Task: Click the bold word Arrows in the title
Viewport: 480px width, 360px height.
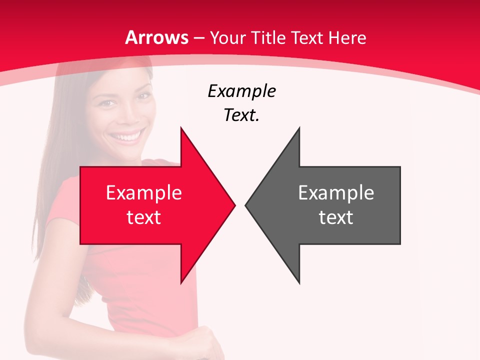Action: [x=157, y=37]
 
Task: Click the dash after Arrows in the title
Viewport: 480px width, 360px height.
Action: [x=199, y=38]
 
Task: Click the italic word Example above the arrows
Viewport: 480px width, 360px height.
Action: [x=241, y=91]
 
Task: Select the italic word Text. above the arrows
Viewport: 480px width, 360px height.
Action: [x=241, y=115]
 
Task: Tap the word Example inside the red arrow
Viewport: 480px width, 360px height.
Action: [x=144, y=192]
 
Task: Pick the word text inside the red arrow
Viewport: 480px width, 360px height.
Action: [x=144, y=217]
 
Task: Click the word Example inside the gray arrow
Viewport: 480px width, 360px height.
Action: [x=336, y=192]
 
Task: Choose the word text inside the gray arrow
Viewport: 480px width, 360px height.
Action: [x=336, y=217]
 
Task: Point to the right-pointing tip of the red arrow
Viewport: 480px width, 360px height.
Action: [x=234, y=205]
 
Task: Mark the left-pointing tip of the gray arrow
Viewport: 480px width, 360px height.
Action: [x=246, y=205]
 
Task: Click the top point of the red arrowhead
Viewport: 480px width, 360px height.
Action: [x=181, y=128]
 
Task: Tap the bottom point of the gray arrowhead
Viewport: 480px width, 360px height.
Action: [x=299, y=283]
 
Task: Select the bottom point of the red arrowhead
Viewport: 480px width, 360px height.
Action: [x=181, y=283]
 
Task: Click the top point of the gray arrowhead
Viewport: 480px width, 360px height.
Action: [x=299, y=128]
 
